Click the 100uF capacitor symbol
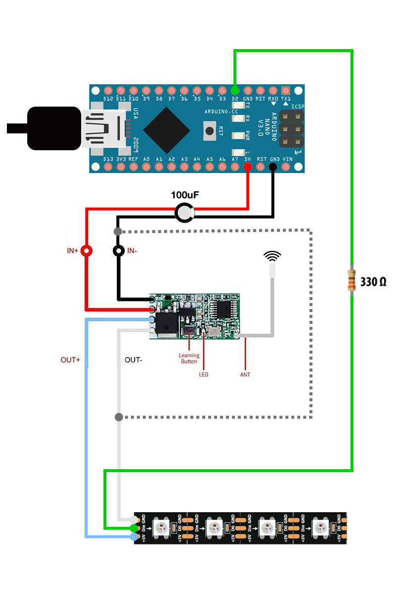tap(185, 213)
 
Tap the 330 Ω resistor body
tap(351, 282)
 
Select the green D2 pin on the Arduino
tap(235, 91)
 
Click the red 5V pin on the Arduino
tap(247, 167)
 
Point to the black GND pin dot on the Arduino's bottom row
tap(273, 167)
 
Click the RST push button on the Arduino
tap(209, 131)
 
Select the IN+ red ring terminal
tap(87, 251)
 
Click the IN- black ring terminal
tap(118, 251)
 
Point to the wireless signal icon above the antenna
tap(272, 256)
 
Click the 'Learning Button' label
tap(189, 358)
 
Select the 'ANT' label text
tap(245, 374)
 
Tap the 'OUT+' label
tap(70, 359)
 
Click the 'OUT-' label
tap(133, 359)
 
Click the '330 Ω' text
tap(373, 282)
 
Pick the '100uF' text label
tap(185, 195)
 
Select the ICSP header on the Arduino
tap(291, 129)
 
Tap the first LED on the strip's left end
tap(161, 527)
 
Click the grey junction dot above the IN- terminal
tap(118, 232)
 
